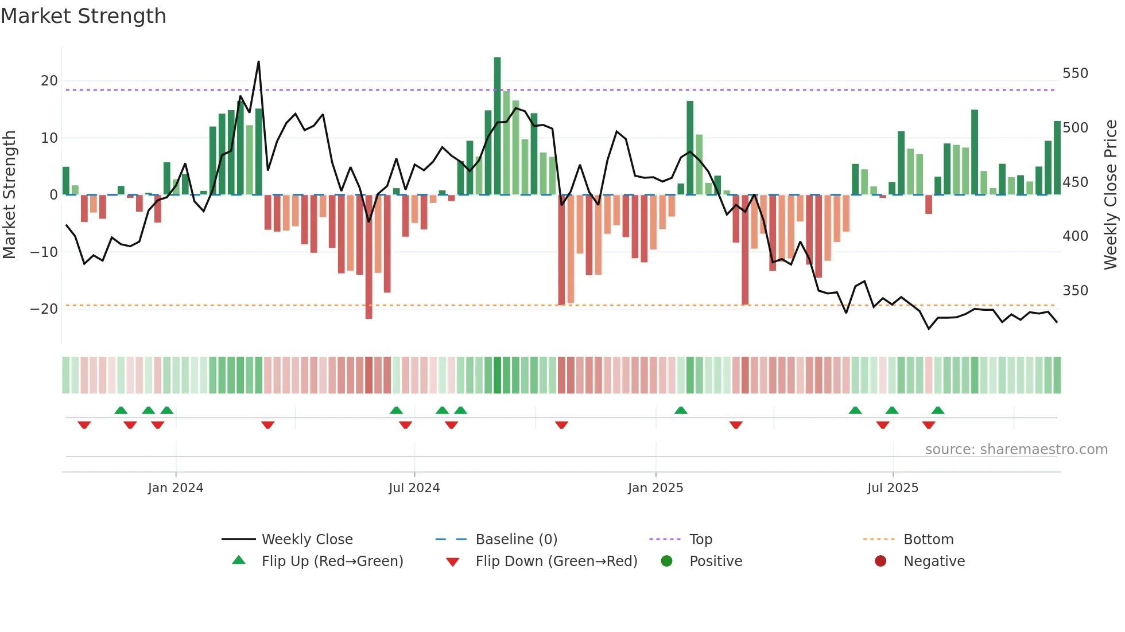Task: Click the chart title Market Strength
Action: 83,16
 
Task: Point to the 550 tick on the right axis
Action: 1074,73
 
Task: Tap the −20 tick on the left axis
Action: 44,309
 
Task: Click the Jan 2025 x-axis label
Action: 655,488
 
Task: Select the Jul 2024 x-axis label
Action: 414,488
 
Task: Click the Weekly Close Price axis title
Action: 1111,195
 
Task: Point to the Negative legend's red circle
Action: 880,561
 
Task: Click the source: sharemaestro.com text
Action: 1016,450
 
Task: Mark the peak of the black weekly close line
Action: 259,62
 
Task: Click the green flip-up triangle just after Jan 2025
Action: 681,411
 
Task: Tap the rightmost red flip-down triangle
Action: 929,425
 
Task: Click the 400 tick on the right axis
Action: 1074,236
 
